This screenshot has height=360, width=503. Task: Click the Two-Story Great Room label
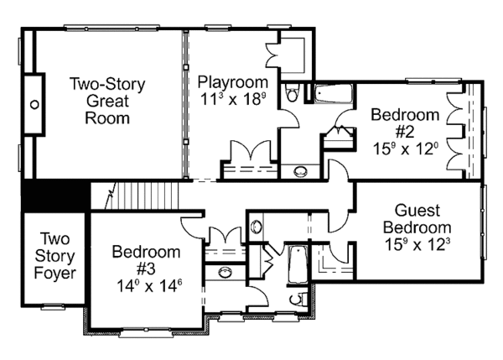pyautogui.click(x=106, y=101)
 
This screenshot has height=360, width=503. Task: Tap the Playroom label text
pyautogui.click(x=234, y=82)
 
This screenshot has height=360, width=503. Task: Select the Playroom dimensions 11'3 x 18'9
pyautogui.click(x=234, y=98)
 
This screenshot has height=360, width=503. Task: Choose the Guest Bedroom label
pyautogui.click(x=417, y=219)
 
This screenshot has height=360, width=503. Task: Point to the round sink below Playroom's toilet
pyautogui.click(x=299, y=172)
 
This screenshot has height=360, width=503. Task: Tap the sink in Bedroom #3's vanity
pyautogui.click(x=224, y=271)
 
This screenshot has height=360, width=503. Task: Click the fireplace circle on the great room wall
pyautogui.click(x=35, y=105)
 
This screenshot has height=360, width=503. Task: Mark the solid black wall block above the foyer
pyautogui.click(x=55, y=197)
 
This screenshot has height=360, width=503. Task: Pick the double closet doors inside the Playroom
pyautogui.click(x=248, y=153)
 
